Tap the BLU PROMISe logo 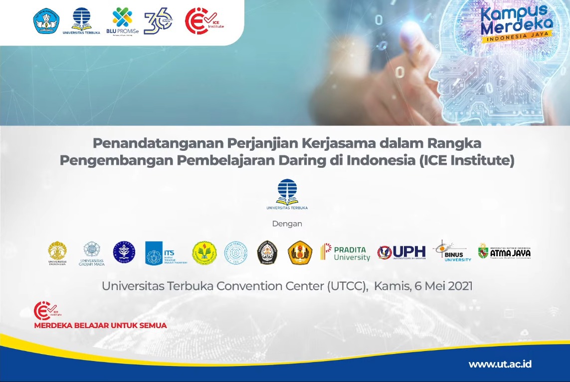(122, 21)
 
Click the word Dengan (287, 224)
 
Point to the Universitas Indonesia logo (57, 253)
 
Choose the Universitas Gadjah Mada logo (92, 253)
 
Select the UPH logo (401, 252)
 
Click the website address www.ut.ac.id (500, 364)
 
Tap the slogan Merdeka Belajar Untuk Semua (100, 326)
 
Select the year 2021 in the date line (459, 286)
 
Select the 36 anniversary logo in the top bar (158, 21)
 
